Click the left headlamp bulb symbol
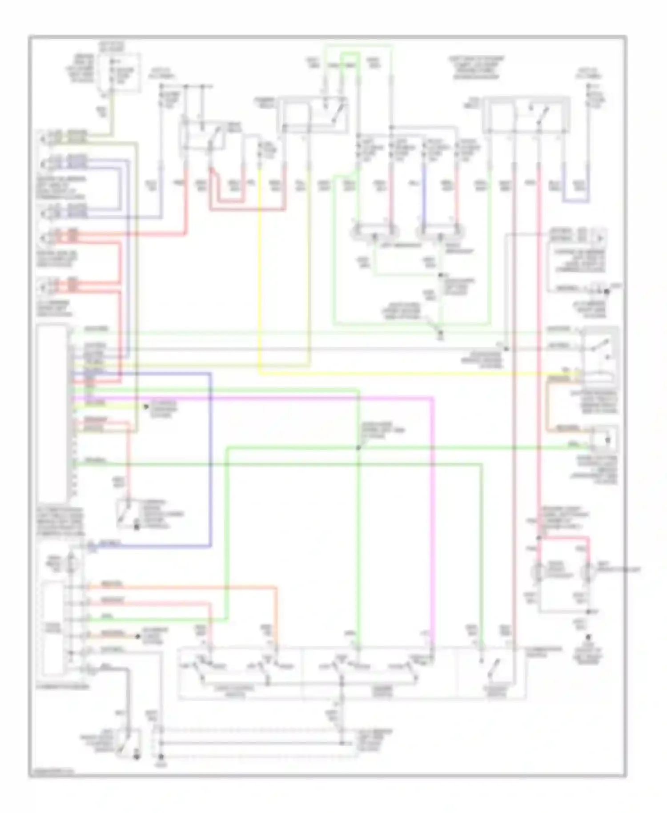(374, 232)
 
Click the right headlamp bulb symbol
(440, 232)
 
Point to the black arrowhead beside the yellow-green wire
(145, 406)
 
